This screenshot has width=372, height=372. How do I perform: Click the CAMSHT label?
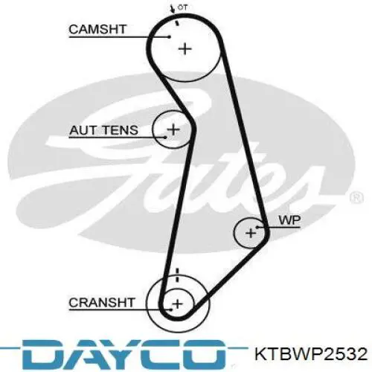pyautogui.click(x=97, y=29)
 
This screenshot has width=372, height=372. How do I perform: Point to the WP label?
pyautogui.click(x=289, y=220)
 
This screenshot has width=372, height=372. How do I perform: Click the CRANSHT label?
pyautogui.click(x=102, y=303)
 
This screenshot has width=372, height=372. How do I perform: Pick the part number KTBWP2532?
pyautogui.click(x=311, y=354)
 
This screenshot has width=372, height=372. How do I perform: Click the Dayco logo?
pyautogui.click(x=124, y=355)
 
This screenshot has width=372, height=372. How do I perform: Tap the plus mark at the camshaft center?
pyautogui.click(x=185, y=49)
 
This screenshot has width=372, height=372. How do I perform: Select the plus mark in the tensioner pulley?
pyautogui.click(x=173, y=129)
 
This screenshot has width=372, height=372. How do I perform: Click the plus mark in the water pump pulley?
pyautogui.click(x=251, y=233)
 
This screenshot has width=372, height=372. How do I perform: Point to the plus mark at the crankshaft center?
pyautogui.click(x=177, y=304)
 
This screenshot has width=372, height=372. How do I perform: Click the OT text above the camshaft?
pyautogui.click(x=182, y=7)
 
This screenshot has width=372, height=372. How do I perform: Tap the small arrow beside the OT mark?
pyautogui.click(x=171, y=9)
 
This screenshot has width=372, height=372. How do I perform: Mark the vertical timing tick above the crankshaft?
pyautogui.click(x=177, y=275)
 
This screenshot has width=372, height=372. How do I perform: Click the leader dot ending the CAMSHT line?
pyautogui.click(x=170, y=37)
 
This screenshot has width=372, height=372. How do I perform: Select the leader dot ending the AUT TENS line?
pyautogui.click(x=165, y=137)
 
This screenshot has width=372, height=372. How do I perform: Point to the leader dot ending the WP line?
pyautogui.click(x=257, y=227)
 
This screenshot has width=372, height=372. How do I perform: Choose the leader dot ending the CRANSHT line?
pyautogui.click(x=170, y=310)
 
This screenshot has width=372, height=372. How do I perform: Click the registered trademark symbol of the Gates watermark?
pyautogui.click(x=356, y=198)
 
